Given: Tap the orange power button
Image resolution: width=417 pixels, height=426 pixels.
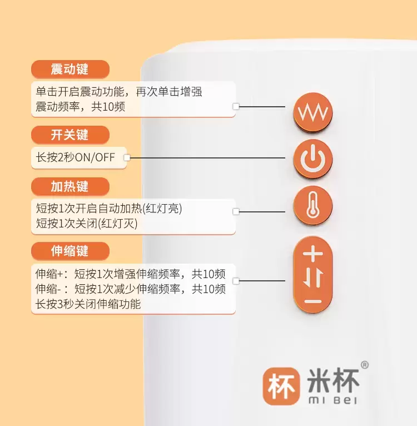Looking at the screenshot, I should [312, 159].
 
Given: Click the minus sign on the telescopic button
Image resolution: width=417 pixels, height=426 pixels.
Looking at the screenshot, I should [313, 301].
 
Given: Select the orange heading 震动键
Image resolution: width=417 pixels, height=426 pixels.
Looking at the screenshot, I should [70, 70].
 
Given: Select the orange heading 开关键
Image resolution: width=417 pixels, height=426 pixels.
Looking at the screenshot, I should [70, 135].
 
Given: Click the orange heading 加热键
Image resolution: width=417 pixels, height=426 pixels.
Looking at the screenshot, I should [70, 186].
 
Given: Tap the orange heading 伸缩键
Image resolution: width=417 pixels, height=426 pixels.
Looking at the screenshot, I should [70, 251].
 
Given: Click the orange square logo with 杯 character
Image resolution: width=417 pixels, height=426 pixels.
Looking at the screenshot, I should [280, 385].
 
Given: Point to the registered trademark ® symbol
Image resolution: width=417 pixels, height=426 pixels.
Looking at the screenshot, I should [365, 365].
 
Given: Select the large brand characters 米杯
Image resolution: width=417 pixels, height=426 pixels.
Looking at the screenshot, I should [333, 379].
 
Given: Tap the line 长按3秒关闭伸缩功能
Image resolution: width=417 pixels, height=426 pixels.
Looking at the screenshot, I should [88, 304].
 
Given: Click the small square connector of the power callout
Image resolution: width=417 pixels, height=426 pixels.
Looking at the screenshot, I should [127, 158].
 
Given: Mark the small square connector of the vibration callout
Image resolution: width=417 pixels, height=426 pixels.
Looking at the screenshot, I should [236, 106].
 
